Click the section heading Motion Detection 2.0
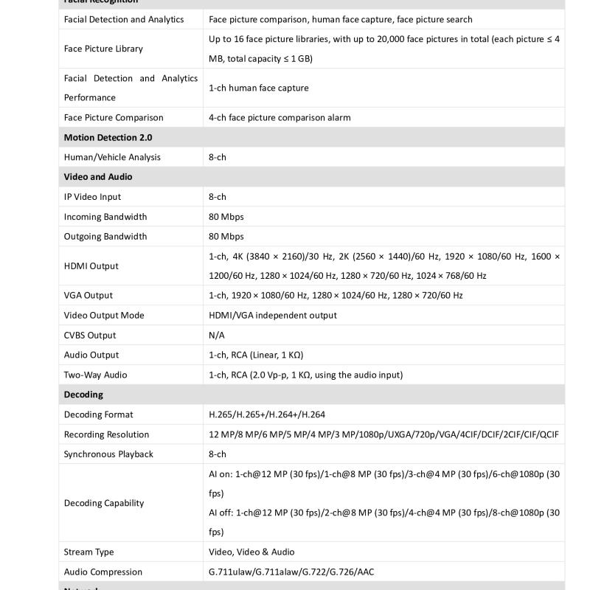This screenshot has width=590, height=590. (108, 137)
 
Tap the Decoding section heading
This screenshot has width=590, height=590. (83, 395)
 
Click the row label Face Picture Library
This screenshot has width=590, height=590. (103, 49)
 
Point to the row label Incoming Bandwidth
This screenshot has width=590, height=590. (105, 217)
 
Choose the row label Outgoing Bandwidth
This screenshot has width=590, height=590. (105, 237)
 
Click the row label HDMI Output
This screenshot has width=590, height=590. (91, 266)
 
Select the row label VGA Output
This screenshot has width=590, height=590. (88, 296)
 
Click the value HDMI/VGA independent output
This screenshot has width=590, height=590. (273, 316)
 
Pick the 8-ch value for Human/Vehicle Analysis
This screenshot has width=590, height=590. (218, 157)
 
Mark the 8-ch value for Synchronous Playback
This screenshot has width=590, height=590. (218, 454)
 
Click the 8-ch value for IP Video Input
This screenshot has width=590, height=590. (218, 197)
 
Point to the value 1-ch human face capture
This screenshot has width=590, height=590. (259, 88)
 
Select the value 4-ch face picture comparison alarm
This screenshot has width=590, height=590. (280, 117)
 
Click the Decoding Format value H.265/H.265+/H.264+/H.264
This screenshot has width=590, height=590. (267, 414)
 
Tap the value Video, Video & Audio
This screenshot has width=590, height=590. (251, 552)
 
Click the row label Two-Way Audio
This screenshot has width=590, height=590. (95, 375)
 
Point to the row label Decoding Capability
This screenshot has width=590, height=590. (104, 503)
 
